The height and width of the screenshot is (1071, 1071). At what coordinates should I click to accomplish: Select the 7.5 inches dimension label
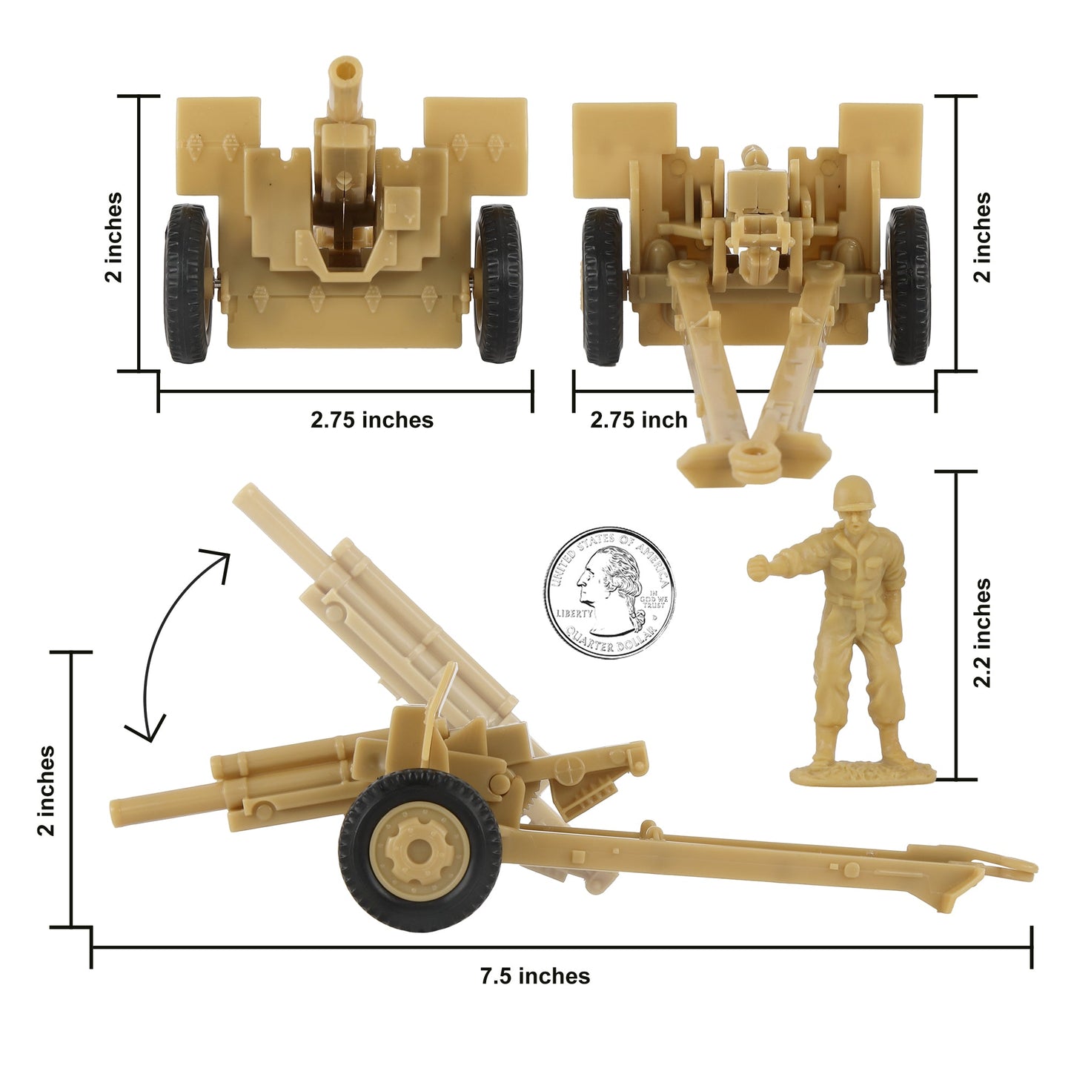click(x=534, y=976)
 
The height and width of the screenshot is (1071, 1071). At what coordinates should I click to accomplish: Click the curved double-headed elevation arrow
click(x=178, y=637)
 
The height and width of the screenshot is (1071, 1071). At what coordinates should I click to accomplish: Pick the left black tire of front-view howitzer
click(x=188, y=283)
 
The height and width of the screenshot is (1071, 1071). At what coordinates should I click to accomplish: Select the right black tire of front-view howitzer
click(x=499, y=283)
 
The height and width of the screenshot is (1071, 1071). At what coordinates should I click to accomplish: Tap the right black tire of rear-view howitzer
click(x=907, y=285)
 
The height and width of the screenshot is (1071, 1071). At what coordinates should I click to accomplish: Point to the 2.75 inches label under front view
click(x=371, y=420)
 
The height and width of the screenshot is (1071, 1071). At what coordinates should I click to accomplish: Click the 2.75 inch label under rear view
click(x=638, y=420)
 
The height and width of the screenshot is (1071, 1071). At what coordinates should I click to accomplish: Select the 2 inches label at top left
click(x=113, y=237)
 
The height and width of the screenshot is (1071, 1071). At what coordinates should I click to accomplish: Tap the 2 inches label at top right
click(x=981, y=237)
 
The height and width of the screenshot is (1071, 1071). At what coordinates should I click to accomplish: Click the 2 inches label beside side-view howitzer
click(x=46, y=790)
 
